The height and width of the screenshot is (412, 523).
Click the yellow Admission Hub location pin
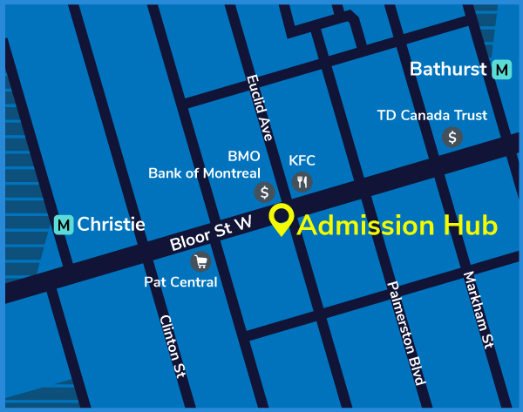pyautogui.click(x=281, y=219)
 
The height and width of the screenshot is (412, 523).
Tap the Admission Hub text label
pyautogui.click(x=397, y=225)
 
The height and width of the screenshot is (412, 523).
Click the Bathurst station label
pyautogui.click(x=447, y=69)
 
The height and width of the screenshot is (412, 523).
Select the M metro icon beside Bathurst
pyautogui.click(x=501, y=70)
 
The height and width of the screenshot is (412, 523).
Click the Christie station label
pyautogui.click(x=111, y=225)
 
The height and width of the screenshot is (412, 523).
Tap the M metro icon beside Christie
pyautogui.click(x=63, y=225)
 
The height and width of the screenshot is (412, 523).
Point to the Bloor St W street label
pyautogui.click(x=211, y=233)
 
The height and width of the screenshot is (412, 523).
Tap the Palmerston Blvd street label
pyautogui.click(x=406, y=332)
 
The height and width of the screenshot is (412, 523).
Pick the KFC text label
pyautogui.click(x=302, y=160)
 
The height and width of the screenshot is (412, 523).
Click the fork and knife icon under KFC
pyautogui.click(x=302, y=182)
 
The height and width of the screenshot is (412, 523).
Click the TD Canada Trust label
pyautogui.click(x=431, y=115)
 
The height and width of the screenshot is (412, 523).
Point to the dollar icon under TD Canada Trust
pyautogui.click(x=452, y=137)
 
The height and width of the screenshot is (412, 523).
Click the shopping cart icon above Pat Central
pyautogui.click(x=200, y=260)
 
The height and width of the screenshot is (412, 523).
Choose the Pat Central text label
pyautogui.click(x=180, y=282)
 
